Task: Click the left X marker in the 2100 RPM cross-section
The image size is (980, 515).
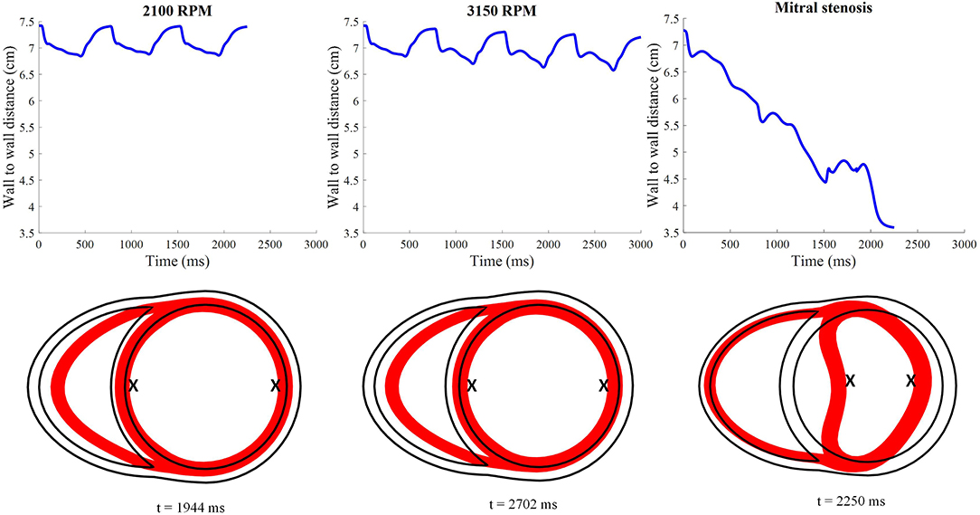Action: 133,386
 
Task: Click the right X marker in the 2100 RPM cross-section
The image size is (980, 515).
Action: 276,386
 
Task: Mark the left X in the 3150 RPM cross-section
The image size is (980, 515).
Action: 471,386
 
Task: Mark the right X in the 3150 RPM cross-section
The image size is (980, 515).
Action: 604,386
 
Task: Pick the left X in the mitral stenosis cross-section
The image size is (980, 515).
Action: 850,381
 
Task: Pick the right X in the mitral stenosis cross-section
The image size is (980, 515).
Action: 911,381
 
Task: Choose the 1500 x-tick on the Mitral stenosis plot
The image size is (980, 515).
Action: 824,245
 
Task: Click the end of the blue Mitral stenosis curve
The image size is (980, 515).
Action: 893,226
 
